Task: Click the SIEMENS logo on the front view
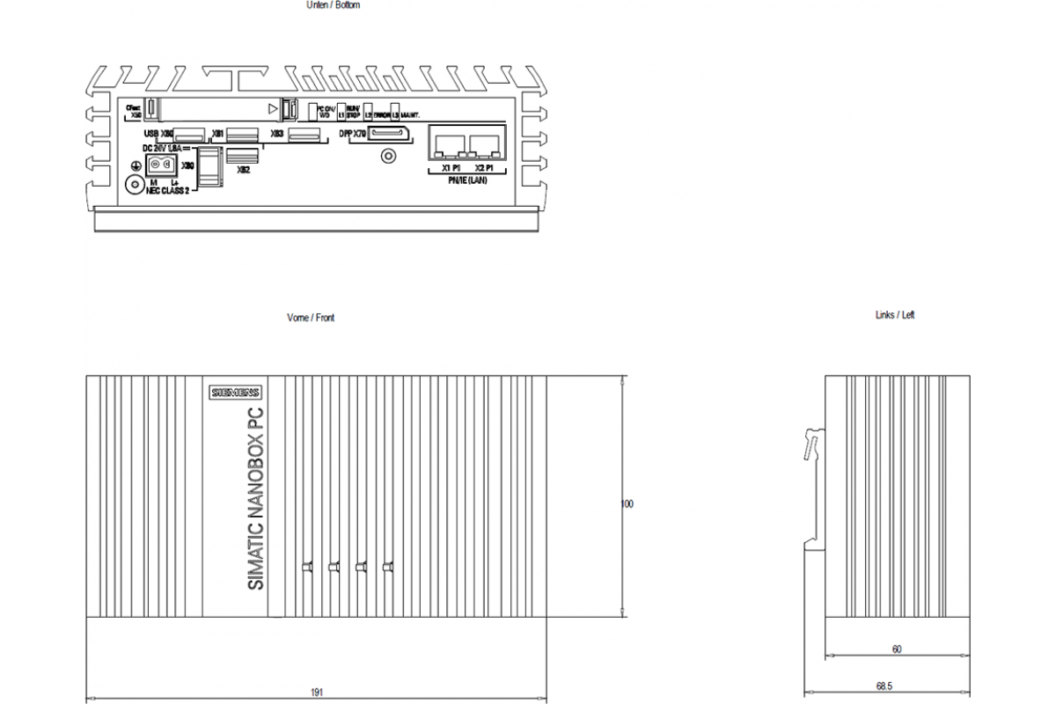point(235,392)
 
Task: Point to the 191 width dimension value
point(317,693)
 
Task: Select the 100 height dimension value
point(627,504)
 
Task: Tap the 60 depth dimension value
point(897,649)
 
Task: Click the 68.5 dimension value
point(897,686)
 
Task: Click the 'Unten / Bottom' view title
point(333,5)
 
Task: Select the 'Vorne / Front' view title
point(311,318)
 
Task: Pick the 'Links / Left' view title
point(895,315)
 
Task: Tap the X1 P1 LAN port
point(447,144)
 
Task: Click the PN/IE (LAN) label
point(466,180)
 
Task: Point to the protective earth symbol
point(136,165)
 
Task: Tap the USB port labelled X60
point(188,135)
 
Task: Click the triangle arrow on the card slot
point(273,108)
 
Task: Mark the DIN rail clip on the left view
point(814,444)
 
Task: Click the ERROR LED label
point(382,114)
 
